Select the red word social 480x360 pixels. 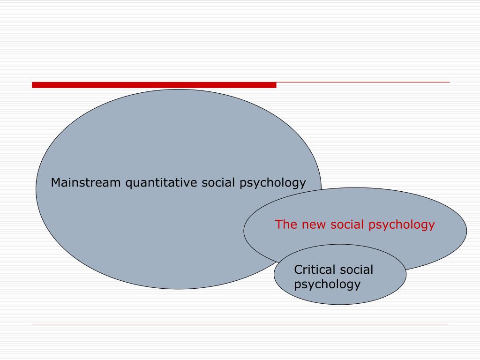[347, 225]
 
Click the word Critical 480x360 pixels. [315, 270]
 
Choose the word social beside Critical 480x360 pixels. [356, 270]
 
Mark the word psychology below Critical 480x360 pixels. [327, 285]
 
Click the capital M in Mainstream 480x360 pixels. [56, 182]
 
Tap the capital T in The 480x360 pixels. [279, 225]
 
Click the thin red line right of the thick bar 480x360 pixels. [363, 82]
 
